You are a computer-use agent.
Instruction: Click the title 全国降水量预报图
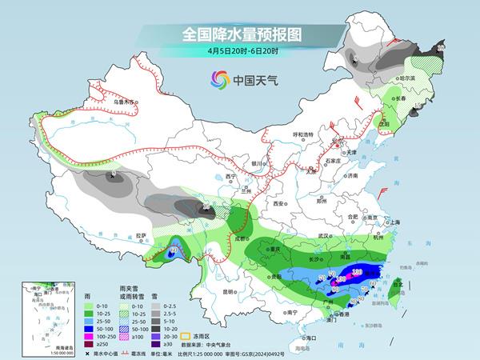240,35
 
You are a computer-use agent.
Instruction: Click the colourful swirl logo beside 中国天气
218,79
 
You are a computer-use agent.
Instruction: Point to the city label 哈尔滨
409,78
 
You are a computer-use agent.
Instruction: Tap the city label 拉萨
142,235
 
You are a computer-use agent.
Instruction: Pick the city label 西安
279,204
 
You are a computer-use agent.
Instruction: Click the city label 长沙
318,259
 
